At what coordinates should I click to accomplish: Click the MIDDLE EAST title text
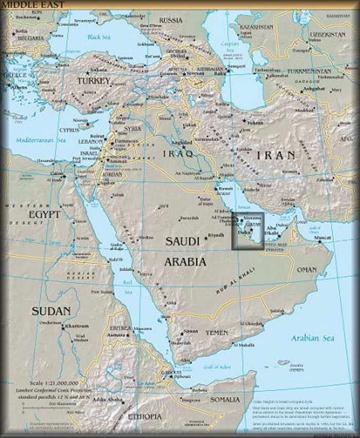click(32, 5)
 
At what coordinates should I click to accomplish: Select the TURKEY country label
click(94, 81)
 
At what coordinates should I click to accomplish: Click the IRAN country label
click(277, 155)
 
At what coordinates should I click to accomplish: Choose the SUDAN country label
click(50, 311)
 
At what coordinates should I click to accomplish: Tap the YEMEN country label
click(217, 333)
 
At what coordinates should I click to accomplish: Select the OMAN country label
click(307, 269)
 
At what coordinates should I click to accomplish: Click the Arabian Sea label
click(312, 338)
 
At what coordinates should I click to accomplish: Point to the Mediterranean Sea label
click(41, 140)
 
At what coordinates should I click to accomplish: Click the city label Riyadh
click(215, 235)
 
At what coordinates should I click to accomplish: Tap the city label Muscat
click(322, 238)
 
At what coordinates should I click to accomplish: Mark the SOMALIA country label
click(225, 399)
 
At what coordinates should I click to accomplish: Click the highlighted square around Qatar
click(247, 231)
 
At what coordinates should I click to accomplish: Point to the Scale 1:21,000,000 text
click(54, 383)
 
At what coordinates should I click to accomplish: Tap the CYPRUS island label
click(69, 130)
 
